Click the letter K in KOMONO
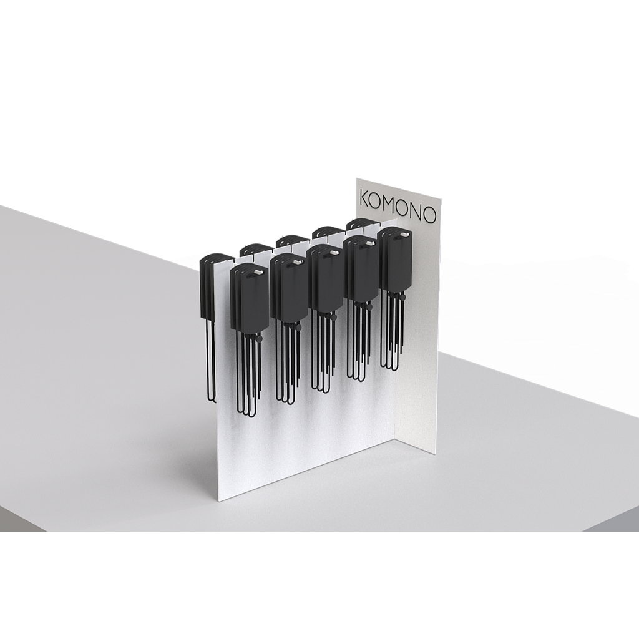364,198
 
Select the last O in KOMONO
429,215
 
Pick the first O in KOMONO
377,202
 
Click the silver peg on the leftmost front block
258,271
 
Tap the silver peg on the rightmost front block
404,235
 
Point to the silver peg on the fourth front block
369,244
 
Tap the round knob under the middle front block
333,317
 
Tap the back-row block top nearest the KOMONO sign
363,224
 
